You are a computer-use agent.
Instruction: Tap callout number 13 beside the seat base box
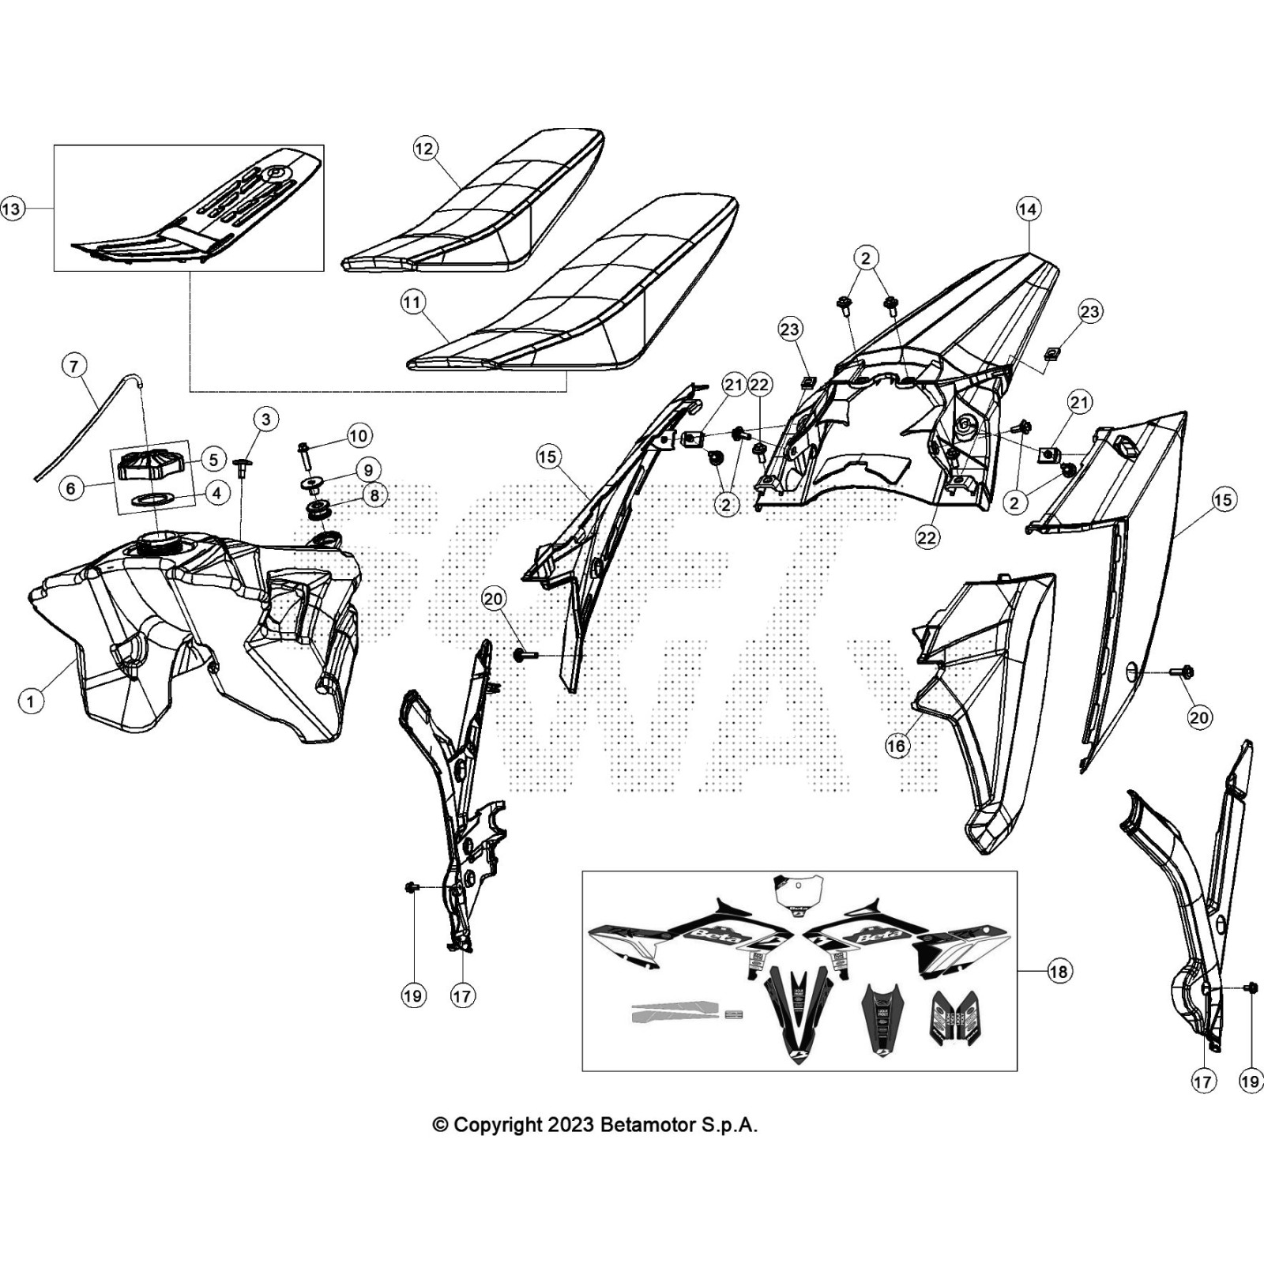point(13,209)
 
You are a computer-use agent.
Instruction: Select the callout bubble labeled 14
point(1027,209)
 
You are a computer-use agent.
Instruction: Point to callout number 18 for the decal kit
point(1059,971)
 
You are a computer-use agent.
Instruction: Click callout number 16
point(897,745)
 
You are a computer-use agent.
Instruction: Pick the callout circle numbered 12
point(426,149)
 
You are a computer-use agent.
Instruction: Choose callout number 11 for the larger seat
point(413,303)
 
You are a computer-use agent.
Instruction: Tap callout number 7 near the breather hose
point(74,366)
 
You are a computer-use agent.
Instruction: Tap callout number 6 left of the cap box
point(71,488)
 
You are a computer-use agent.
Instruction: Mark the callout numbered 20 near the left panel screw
point(494,600)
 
